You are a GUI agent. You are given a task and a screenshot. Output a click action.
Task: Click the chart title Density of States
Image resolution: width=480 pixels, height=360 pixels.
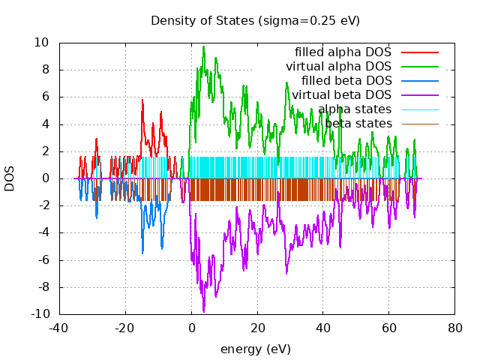[x=255, y=20]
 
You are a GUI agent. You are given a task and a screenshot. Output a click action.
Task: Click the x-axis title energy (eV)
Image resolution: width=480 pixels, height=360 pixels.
[x=255, y=349]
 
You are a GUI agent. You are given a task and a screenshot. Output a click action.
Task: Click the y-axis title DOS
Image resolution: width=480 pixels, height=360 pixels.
[x=10, y=178]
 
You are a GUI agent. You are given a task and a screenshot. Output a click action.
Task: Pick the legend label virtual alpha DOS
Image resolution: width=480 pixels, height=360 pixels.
[x=338, y=67]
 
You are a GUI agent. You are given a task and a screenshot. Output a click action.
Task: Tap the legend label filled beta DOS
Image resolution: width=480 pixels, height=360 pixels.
[x=346, y=81]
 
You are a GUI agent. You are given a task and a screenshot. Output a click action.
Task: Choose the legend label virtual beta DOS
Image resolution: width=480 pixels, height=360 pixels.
[x=341, y=94]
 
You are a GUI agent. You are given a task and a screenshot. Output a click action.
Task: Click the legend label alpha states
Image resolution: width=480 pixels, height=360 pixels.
[x=355, y=109]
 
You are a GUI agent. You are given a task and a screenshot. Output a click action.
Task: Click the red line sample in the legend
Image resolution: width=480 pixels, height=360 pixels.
[x=419, y=52]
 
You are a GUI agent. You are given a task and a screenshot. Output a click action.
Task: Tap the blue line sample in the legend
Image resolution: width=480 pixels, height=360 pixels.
[x=419, y=81]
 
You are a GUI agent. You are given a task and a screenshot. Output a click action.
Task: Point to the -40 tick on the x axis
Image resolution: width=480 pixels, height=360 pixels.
[x=59, y=328]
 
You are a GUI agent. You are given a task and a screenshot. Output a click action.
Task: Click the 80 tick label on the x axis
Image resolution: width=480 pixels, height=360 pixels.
[x=454, y=328]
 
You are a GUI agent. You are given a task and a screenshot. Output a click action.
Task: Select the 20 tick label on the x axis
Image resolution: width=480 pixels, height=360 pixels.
[x=257, y=328]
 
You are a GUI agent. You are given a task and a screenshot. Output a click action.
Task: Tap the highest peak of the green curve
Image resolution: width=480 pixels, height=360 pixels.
[x=203, y=46]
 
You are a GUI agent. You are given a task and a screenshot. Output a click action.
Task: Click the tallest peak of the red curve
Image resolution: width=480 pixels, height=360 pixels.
[x=142, y=99]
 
